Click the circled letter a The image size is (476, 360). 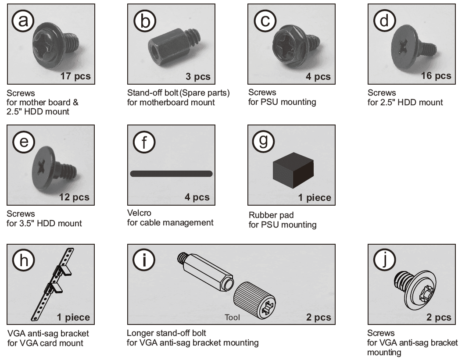23,21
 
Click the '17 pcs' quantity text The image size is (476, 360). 75,76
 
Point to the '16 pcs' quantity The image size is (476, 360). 436,76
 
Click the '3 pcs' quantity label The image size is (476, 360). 198,77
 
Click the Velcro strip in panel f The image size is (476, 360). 171,174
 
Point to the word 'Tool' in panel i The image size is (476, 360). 232,317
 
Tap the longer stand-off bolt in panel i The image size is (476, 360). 206,272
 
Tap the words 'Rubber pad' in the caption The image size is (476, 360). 271,215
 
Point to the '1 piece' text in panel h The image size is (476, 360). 73,317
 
